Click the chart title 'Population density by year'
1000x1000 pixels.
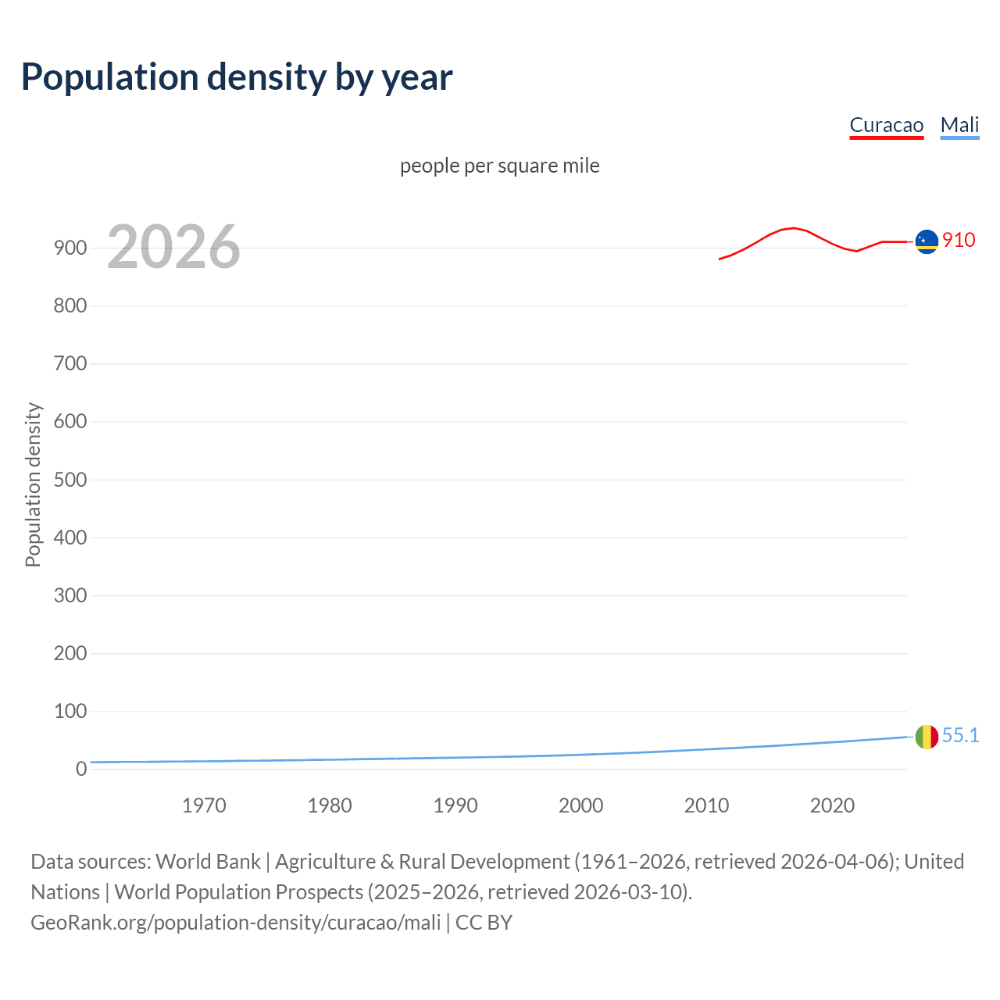(x=237, y=77)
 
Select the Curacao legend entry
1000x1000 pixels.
(x=886, y=125)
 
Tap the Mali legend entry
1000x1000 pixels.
(x=959, y=125)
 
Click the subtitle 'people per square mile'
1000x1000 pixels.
(x=499, y=166)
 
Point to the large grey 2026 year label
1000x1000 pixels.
(x=173, y=247)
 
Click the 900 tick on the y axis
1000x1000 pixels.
(x=70, y=248)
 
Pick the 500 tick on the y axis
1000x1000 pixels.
(x=70, y=480)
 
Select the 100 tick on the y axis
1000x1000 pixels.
(x=70, y=711)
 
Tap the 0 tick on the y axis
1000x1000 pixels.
(x=80, y=769)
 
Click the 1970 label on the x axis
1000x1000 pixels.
(x=204, y=805)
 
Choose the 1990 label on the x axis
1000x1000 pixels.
(x=455, y=805)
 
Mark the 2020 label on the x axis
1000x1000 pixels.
(x=832, y=805)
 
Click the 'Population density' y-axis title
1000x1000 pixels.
(x=33, y=484)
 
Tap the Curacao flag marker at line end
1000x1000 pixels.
(x=927, y=241)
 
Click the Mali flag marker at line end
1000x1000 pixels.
(x=927, y=737)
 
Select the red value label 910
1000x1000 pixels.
(x=959, y=240)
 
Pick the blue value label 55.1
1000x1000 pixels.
(x=960, y=735)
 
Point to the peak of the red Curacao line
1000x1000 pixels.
(x=794, y=228)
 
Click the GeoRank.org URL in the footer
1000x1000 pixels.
(x=236, y=923)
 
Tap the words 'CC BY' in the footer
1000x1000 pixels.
(x=484, y=923)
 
